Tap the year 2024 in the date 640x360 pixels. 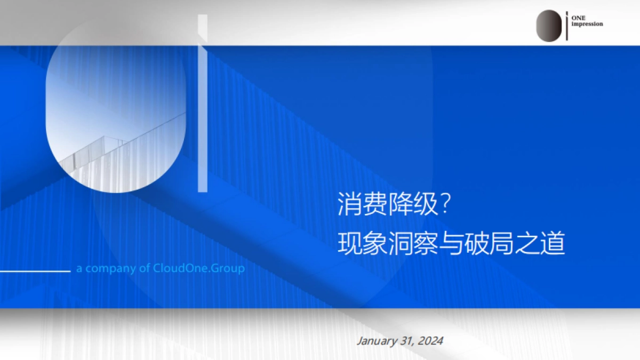tap(430, 341)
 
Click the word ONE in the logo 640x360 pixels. tap(578, 18)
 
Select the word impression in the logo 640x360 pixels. tap(587, 24)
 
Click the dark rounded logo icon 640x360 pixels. tap(549, 26)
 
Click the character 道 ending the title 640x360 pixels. tap(553, 244)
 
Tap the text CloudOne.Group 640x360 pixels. tap(199, 268)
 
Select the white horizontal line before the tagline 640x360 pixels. tap(35, 271)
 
